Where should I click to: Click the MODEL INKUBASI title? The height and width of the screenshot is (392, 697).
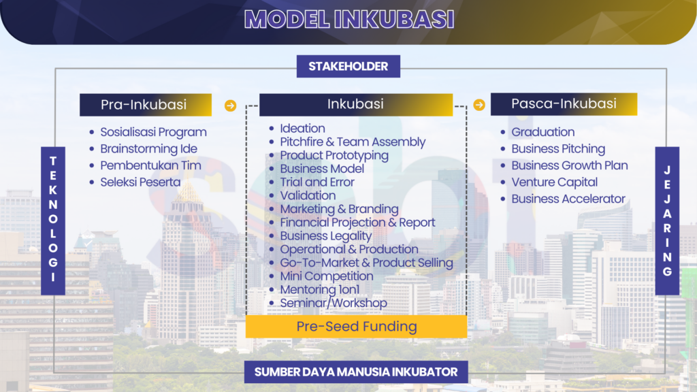pyautogui.click(x=349, y=20)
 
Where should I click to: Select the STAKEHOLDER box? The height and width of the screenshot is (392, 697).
pyautogui.click(x=348, y=66)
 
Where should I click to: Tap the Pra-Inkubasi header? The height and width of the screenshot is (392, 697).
pyautogui.click(x=146, y=105)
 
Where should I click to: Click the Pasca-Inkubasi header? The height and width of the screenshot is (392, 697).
pyautogui.click(x=564, y=104)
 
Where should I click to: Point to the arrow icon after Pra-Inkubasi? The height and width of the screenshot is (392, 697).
pyautogui.click(x=230, y=105)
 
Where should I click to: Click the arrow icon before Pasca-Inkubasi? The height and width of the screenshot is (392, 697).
pyautogui.click(x=479, y=105)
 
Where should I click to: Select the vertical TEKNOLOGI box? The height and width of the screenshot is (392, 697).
pyautogui.click(x=53, y=221)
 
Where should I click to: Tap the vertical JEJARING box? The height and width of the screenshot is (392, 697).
pyautogui.click(x=667, y=221)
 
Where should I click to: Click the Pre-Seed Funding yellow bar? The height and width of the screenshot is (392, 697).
pyautogui.click(x=357, y=327)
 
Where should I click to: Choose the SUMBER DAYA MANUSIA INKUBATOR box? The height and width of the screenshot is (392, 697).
pyautogui.click(x=356, y=372)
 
